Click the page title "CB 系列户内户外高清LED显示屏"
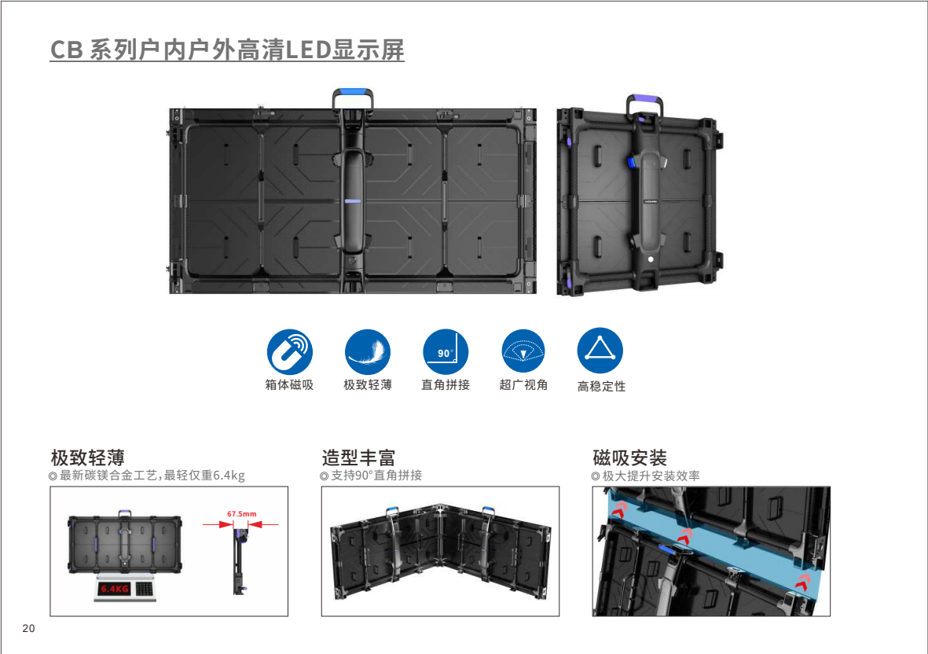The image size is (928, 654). point(227,50)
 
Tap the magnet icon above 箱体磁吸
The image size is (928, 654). point(289,351)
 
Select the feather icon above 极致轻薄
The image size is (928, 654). point(368,351)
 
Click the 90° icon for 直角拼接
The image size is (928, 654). point(446,351)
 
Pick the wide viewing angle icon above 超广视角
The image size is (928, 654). point(523,351)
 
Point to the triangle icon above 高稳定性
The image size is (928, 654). point(600,351)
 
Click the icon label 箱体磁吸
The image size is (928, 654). point(289,384)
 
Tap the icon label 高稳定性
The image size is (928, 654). point(601,386)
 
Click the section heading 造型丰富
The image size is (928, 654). point(358,457)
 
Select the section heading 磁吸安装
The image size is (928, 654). point(629,457)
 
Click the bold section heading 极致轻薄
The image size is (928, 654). point(87,457)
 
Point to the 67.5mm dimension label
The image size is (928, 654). point(242,514)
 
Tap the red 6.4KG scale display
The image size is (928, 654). point(114,589)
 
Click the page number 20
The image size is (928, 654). point(28,629)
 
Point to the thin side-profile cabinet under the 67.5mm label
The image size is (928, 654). point(239,561)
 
